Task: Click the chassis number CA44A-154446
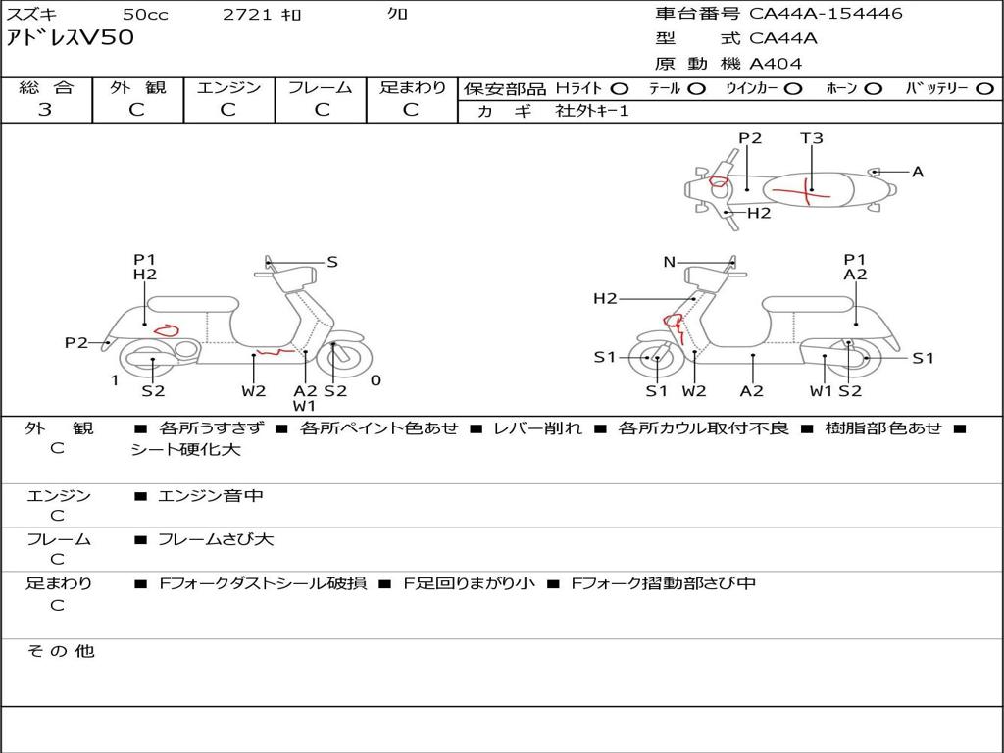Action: pos(826,14)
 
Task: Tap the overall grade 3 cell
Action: pos(45,110)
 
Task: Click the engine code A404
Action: pos(776,64)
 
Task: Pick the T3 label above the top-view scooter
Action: pos(812,138)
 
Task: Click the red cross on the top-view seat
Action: pos(807,190)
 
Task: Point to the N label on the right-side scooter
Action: pos(670,262)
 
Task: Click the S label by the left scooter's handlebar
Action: pos(332,262)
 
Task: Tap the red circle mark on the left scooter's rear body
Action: pos(166,329)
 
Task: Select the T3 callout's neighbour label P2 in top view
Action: pos(750,138)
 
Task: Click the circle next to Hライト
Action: pos(620,88)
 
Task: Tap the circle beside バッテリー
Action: pos(984,88)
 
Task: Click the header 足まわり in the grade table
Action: pos(412,87)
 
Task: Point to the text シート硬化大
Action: pos(186,450)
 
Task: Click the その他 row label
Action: pos(60,651)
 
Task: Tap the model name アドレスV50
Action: pos(71,38)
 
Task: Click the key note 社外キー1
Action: pos(592,111)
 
